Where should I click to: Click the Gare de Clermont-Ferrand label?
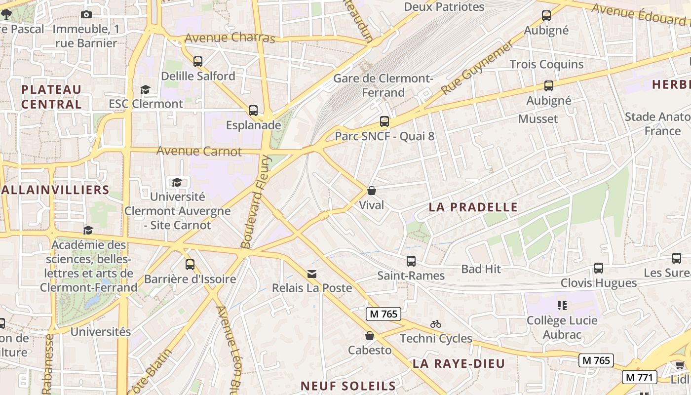click(x=383, y=85)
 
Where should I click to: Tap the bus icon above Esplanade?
click(x=253, y=111)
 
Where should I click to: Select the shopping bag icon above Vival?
click(x=372, y=191)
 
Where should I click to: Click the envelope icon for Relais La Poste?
click(x=312, y=274)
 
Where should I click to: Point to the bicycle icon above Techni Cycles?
click(x=435, y=324)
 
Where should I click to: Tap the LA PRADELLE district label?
click(x=473, y=207)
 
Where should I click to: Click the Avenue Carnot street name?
click(x=199, y=151)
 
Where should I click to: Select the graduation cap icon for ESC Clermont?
click(x=145, y=89)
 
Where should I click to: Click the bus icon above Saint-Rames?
click(x=411, y=261)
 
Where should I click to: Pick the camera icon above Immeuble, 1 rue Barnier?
click(x=86, y=15)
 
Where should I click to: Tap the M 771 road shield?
click(x=640, y=378)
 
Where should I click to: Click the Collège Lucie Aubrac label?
click(x=562, y=327)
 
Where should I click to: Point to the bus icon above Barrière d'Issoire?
click(x=190, y=265)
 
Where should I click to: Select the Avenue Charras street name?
click(x=230, y=38)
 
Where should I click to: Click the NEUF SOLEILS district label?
click(x=348, y=386)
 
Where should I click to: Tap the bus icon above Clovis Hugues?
click(x=599, y=268)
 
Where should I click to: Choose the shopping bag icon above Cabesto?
click(x=369, y=336)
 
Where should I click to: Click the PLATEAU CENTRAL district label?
click(x=51, y=97)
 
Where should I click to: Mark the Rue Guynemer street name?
click(x=477, y=68)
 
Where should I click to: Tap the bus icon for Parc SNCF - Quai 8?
click(x=384, y=121)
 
